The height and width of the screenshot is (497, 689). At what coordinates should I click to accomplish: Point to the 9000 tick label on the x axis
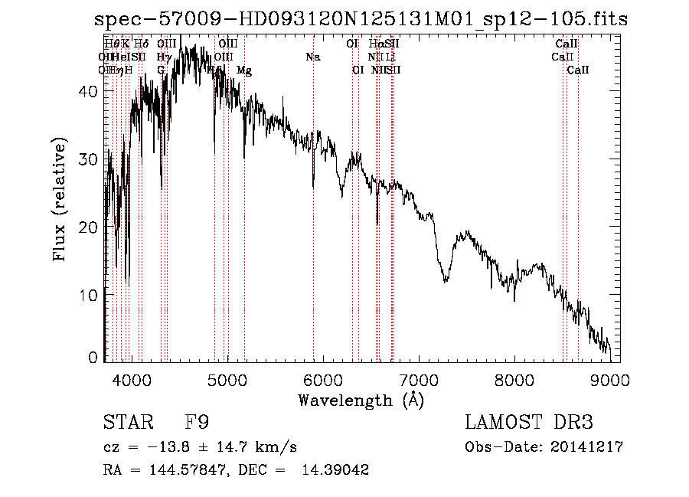pos(610,380)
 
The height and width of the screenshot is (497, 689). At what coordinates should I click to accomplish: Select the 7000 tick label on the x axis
pos(418,380)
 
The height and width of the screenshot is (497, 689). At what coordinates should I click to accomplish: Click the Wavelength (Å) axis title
pos(361,400)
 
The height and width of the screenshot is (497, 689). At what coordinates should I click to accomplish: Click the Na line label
pos(312,57)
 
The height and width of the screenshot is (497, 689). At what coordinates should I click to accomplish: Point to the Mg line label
pos(244,70)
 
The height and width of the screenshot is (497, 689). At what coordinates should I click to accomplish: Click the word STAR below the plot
pos(128,422)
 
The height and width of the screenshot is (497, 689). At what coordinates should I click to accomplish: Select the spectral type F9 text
pos(197,422)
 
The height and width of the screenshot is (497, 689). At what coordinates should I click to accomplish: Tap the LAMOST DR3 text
pos(529,422)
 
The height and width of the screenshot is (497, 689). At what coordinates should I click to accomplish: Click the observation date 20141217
pos(589,446)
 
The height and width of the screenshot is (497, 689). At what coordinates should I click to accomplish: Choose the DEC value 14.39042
pos(337,470)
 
